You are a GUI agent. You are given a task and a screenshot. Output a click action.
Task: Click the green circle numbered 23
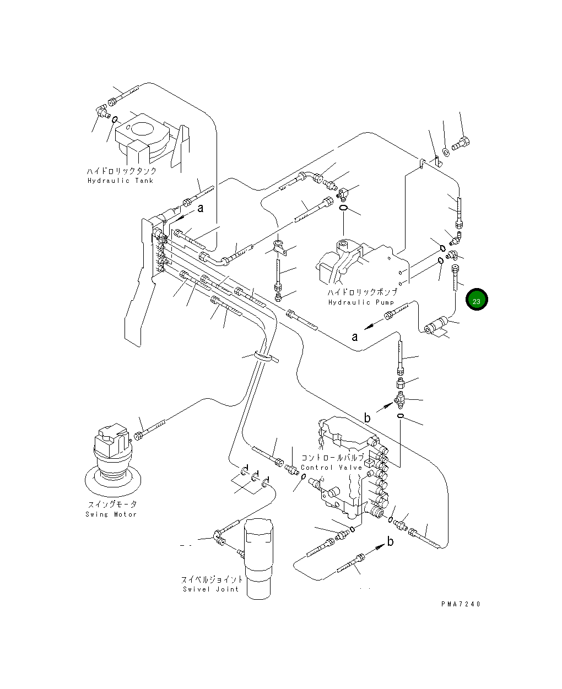(x=477, y=299)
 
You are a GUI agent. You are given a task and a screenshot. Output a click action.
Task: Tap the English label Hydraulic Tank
(x=120, y=181)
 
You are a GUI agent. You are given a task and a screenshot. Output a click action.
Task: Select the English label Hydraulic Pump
(x=361, y=302)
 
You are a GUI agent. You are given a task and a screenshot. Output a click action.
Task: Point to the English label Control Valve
(x=332, y=468)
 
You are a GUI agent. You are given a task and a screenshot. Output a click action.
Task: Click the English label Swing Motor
(x=111, y=514)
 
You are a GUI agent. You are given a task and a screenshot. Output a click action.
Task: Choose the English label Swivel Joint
(x=211, y=589)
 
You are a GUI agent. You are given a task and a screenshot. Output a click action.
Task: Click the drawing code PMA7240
(x=461, y=604)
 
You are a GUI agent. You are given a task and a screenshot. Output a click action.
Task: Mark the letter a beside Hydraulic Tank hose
(x=201, y=208)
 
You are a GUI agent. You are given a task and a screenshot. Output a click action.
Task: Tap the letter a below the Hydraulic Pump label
(x=354, y=337)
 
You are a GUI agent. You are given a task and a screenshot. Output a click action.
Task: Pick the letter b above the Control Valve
(x=367, y=417)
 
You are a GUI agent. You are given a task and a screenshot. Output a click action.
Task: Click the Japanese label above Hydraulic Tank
(x=121, y=171)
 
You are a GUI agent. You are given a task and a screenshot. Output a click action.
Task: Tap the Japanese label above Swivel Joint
(x=212, y=579)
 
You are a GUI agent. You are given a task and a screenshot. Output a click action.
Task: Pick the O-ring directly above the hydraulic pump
(x=343, y=208)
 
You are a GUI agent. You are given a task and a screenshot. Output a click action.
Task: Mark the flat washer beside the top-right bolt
(x=446, y=152)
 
